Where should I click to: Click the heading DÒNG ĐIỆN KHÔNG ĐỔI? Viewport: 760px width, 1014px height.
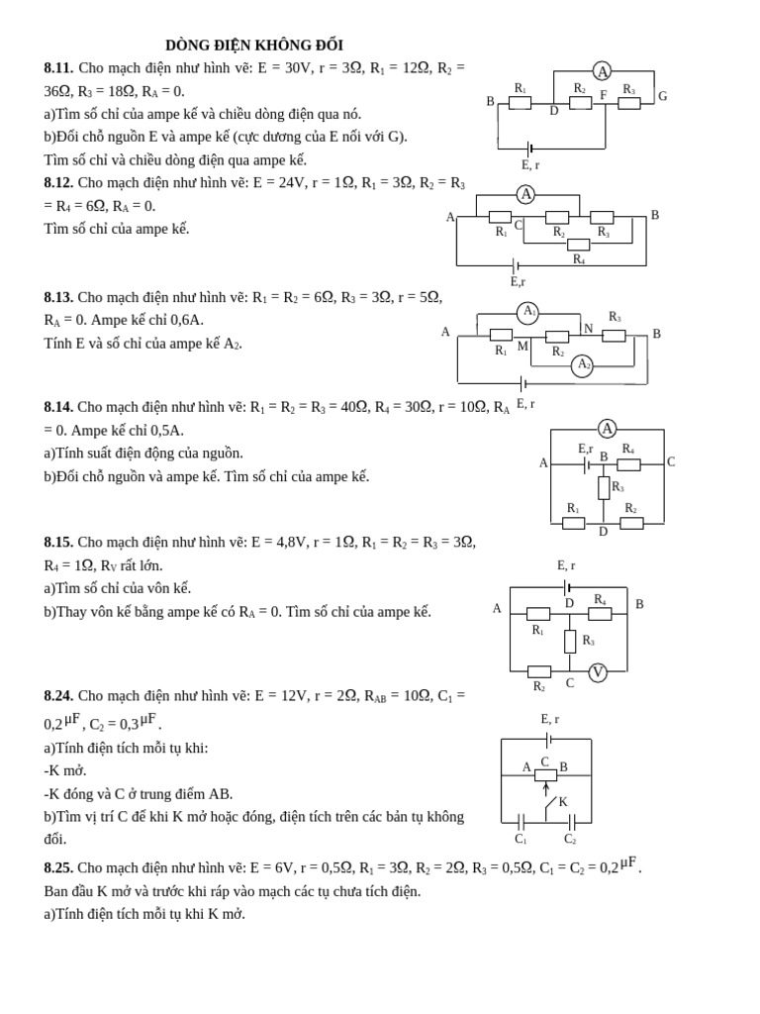coord(254,46)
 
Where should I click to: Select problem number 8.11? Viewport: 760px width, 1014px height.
coord(58,68)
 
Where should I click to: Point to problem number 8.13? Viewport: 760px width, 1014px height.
coord(58,297)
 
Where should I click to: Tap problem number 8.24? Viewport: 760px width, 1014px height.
coord(58,696)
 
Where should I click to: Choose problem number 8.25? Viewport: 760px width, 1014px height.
coord(58,867)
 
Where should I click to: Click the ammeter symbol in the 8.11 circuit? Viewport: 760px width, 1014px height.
coord(602,71)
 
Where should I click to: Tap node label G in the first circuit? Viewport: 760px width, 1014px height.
coord(662,97)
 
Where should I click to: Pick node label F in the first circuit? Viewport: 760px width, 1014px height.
coord(604,96)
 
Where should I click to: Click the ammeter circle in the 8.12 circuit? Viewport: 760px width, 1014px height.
coord(525,195)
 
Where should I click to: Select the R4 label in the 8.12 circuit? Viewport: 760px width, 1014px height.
coord(578,259)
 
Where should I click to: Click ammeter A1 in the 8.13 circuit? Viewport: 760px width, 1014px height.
coord(528,313)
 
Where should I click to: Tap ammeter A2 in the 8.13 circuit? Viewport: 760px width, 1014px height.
coord(582,365)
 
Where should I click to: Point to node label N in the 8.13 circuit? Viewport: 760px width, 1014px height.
coord(589,329)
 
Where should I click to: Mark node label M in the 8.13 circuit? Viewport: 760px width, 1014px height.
coord(522,347)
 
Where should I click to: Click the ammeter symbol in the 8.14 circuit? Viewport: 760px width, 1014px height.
coord(607,429)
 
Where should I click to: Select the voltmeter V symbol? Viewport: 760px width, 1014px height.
coord(597,672)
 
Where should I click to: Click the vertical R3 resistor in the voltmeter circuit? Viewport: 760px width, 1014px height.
coord(570,641)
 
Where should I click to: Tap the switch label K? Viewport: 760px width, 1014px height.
coord(563,802)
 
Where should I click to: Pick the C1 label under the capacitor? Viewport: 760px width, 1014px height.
coord(521,839)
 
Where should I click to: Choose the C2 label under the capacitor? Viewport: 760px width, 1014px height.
coord(570,839)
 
